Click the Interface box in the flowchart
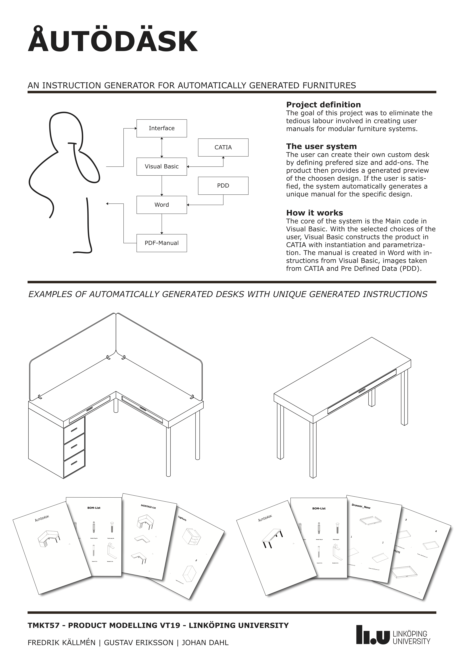[x=162, y=128]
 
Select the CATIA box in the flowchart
[x=223, y=147]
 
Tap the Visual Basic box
[x=162, y=166]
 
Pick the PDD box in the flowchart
[x=223, y=185]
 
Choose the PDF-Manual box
[x=162, y=243]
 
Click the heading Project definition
[x=323, y=104]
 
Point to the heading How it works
[x=314, y=213]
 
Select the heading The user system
[x=321, y=146]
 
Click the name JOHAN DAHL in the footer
[x=205, y=643]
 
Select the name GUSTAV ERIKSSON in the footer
[x=139, y=643]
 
